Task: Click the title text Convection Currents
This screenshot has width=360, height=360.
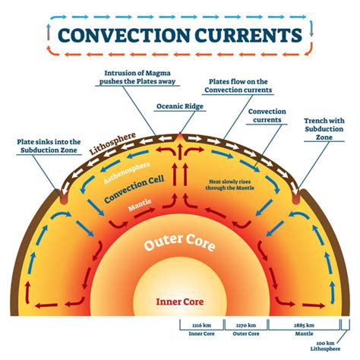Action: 180,36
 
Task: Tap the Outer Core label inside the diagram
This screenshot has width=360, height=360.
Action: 181,245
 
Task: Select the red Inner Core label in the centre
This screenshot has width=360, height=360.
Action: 181,302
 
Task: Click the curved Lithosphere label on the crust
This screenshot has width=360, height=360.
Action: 112,144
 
